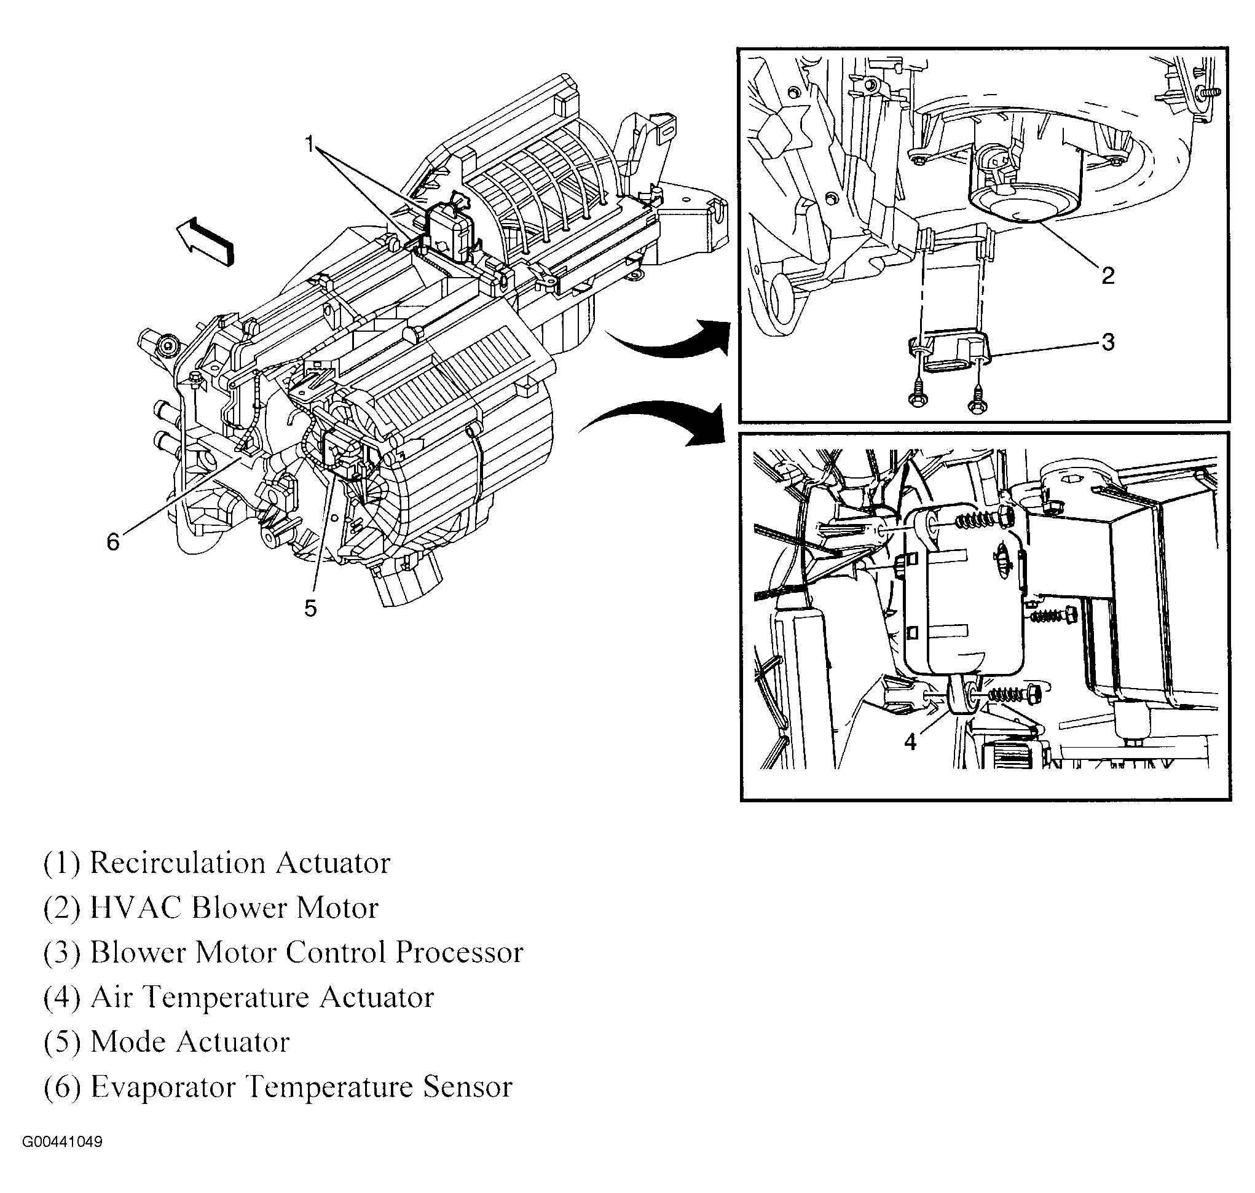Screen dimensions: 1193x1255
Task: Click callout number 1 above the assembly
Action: [x=310, y=145]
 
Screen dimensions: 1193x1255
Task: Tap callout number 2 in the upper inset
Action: [x=1107, y=275]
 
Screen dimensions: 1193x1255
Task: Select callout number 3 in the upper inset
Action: [x=1108, y=342]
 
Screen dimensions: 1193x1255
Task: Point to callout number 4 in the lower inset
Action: [x=910, y=741]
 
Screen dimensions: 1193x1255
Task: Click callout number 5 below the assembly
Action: [x=310, y=609]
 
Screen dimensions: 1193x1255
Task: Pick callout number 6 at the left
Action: [x=112, y=542]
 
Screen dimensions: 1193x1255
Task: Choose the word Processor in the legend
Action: [x=458, y=953]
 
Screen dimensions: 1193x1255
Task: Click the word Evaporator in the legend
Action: [x=163, y=1087]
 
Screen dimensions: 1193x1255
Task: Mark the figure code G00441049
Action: [x=62, y=1142]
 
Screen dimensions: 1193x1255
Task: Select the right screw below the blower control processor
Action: [x=977, y=400]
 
